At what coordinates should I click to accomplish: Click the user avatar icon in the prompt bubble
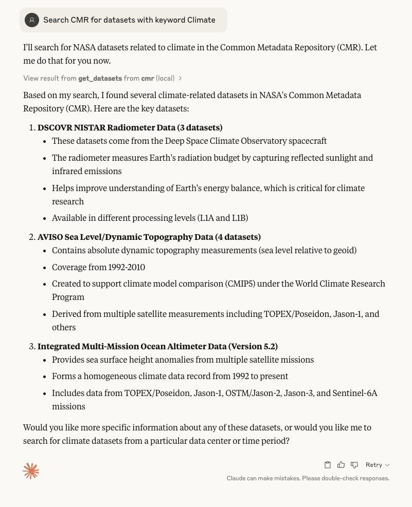pos(32,20)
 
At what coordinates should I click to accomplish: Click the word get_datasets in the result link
pos(100,78)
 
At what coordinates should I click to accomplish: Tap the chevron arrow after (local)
pos(181,79)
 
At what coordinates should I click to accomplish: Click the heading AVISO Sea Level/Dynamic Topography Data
pos(149,237)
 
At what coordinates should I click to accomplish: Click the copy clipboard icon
pos(328,465)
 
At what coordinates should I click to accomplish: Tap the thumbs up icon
pos(341,465)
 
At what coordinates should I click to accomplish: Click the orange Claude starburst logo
pos(31,471)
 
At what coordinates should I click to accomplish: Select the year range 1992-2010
pos(127,268)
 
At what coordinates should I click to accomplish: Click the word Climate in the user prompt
pos(201,20)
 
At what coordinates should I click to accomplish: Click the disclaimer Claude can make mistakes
pos(308,478)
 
